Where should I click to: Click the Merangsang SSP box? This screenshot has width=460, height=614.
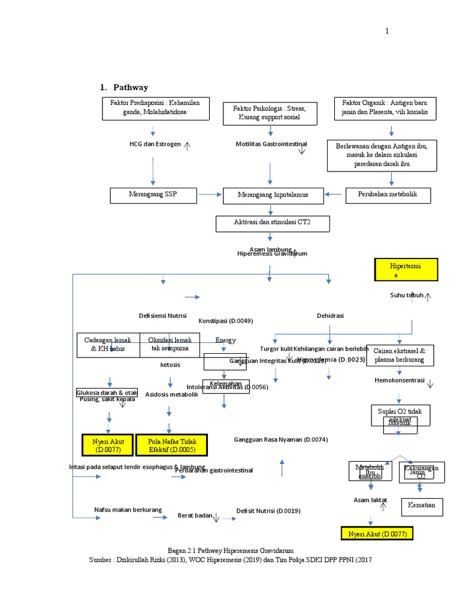(153, 195)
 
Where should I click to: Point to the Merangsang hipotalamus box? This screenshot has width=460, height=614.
(273, 195)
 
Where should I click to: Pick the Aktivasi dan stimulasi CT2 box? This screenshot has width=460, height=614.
(273, 224)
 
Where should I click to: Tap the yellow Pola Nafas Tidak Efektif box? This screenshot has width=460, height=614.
(171, 446)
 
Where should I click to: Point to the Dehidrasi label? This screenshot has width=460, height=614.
(330, 316)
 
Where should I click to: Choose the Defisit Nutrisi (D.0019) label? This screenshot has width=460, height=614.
(268, 511)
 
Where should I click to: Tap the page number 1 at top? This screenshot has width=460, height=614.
(387, 31)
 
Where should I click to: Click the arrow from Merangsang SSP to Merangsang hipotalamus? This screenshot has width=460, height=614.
(209, 194)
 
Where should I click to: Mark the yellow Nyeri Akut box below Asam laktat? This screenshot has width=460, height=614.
(376, 534)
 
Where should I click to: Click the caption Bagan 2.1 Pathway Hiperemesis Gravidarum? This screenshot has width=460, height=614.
(230, 550)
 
